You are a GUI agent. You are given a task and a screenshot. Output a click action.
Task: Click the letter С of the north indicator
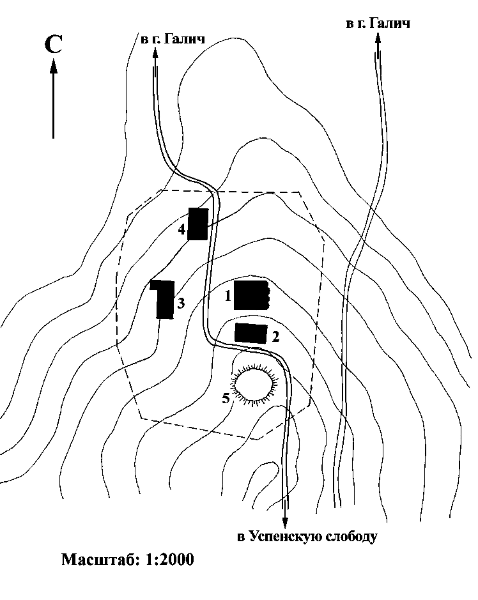tap(53, 44)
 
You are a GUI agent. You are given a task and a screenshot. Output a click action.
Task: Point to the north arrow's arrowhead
tap(54, 65)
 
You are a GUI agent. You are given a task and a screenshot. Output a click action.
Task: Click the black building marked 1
tap(252, 295)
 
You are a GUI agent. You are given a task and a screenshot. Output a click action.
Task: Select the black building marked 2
tap(251, 334)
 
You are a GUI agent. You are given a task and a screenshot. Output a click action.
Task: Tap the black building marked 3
tap(164, 299)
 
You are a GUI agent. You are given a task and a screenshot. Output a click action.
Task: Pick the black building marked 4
tap(198, 224)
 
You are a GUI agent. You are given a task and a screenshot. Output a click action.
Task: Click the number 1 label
tap(227, 295)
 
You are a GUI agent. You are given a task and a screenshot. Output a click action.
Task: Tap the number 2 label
tap(275, 337)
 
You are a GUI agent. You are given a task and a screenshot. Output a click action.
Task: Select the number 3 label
tap(181, 303)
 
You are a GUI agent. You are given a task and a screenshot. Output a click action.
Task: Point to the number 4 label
tap(181, 229)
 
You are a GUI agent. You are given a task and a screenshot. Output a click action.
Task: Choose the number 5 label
tap(226, 398)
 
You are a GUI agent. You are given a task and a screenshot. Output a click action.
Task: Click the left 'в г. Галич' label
tap(173, 38)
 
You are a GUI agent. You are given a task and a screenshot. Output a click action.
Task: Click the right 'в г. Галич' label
tap(378, 24)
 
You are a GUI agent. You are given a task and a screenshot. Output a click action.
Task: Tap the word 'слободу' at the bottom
tap(351, 537)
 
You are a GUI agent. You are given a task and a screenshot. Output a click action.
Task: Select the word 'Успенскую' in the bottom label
tap(286, 537)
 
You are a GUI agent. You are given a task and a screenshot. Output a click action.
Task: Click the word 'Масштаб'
tap(102, 560)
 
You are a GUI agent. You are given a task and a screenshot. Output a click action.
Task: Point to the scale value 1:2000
tap(171, 560)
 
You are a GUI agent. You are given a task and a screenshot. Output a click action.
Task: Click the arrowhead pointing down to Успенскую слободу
tap(285, 523)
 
